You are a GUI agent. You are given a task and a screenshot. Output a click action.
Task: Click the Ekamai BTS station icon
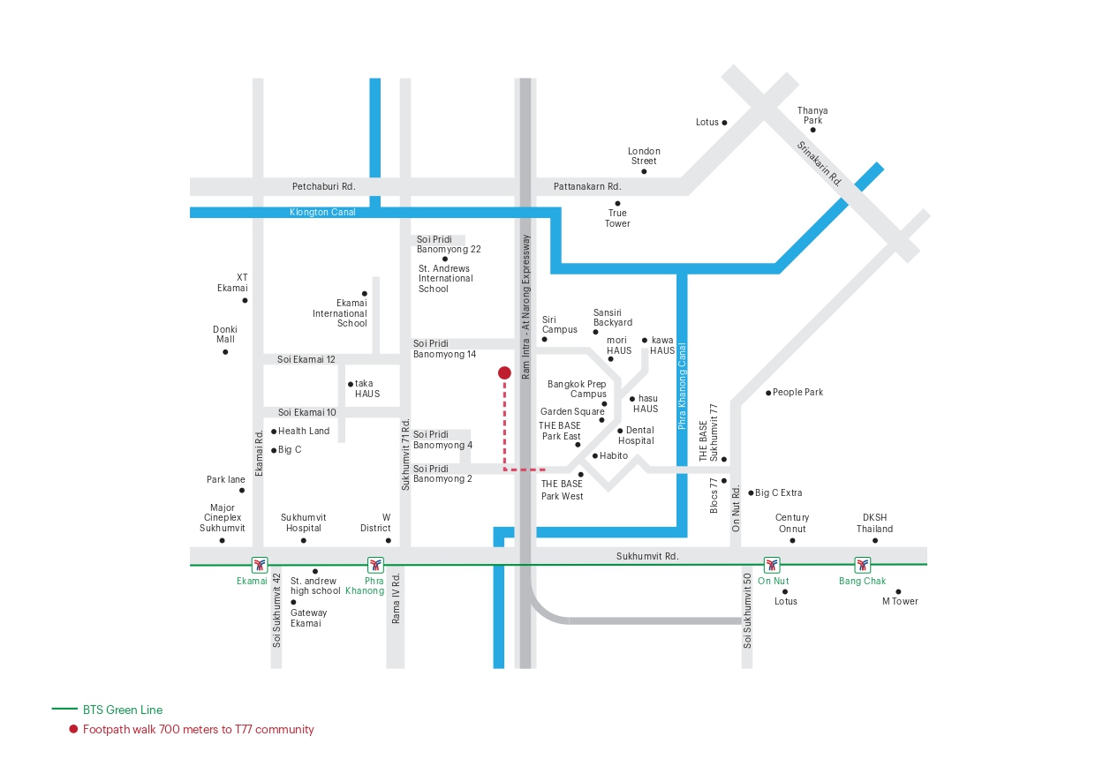tap(259, 564)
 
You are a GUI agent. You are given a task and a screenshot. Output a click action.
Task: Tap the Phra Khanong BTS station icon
tap(376, 564)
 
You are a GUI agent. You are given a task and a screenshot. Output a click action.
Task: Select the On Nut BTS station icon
tap(773, 564)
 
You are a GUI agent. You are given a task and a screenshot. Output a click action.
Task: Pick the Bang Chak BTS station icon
tap(862, 564)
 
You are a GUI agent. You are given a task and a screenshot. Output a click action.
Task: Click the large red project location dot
tap(504, 372)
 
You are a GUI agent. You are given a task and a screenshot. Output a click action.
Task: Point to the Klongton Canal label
tap(322, 213)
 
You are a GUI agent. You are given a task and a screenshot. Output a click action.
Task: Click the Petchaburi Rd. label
tap(323, 186)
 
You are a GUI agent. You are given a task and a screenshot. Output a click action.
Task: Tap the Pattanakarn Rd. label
tap(587, 186)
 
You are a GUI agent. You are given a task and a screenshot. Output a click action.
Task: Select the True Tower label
tap(617, 218)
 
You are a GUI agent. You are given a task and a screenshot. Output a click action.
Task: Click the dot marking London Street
tap(644, 171)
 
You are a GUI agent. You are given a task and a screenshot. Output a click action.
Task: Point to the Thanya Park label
tap(812, 115)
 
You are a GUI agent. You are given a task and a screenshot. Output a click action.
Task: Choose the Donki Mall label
tap(225, 334)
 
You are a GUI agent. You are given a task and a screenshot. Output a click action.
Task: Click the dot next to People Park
tap(768, 392)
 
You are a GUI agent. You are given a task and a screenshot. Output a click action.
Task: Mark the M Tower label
tap(900, 601)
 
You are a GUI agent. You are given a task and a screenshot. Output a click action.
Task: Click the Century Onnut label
tap(792, 522)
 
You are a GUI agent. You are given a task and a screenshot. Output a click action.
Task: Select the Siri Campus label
tap(559, 324)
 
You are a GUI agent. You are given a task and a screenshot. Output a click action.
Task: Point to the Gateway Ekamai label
tap(308, 618)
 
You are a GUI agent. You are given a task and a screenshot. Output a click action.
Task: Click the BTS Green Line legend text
tap(123, 710)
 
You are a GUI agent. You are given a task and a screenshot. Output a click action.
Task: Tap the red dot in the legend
tap(74, 729)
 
